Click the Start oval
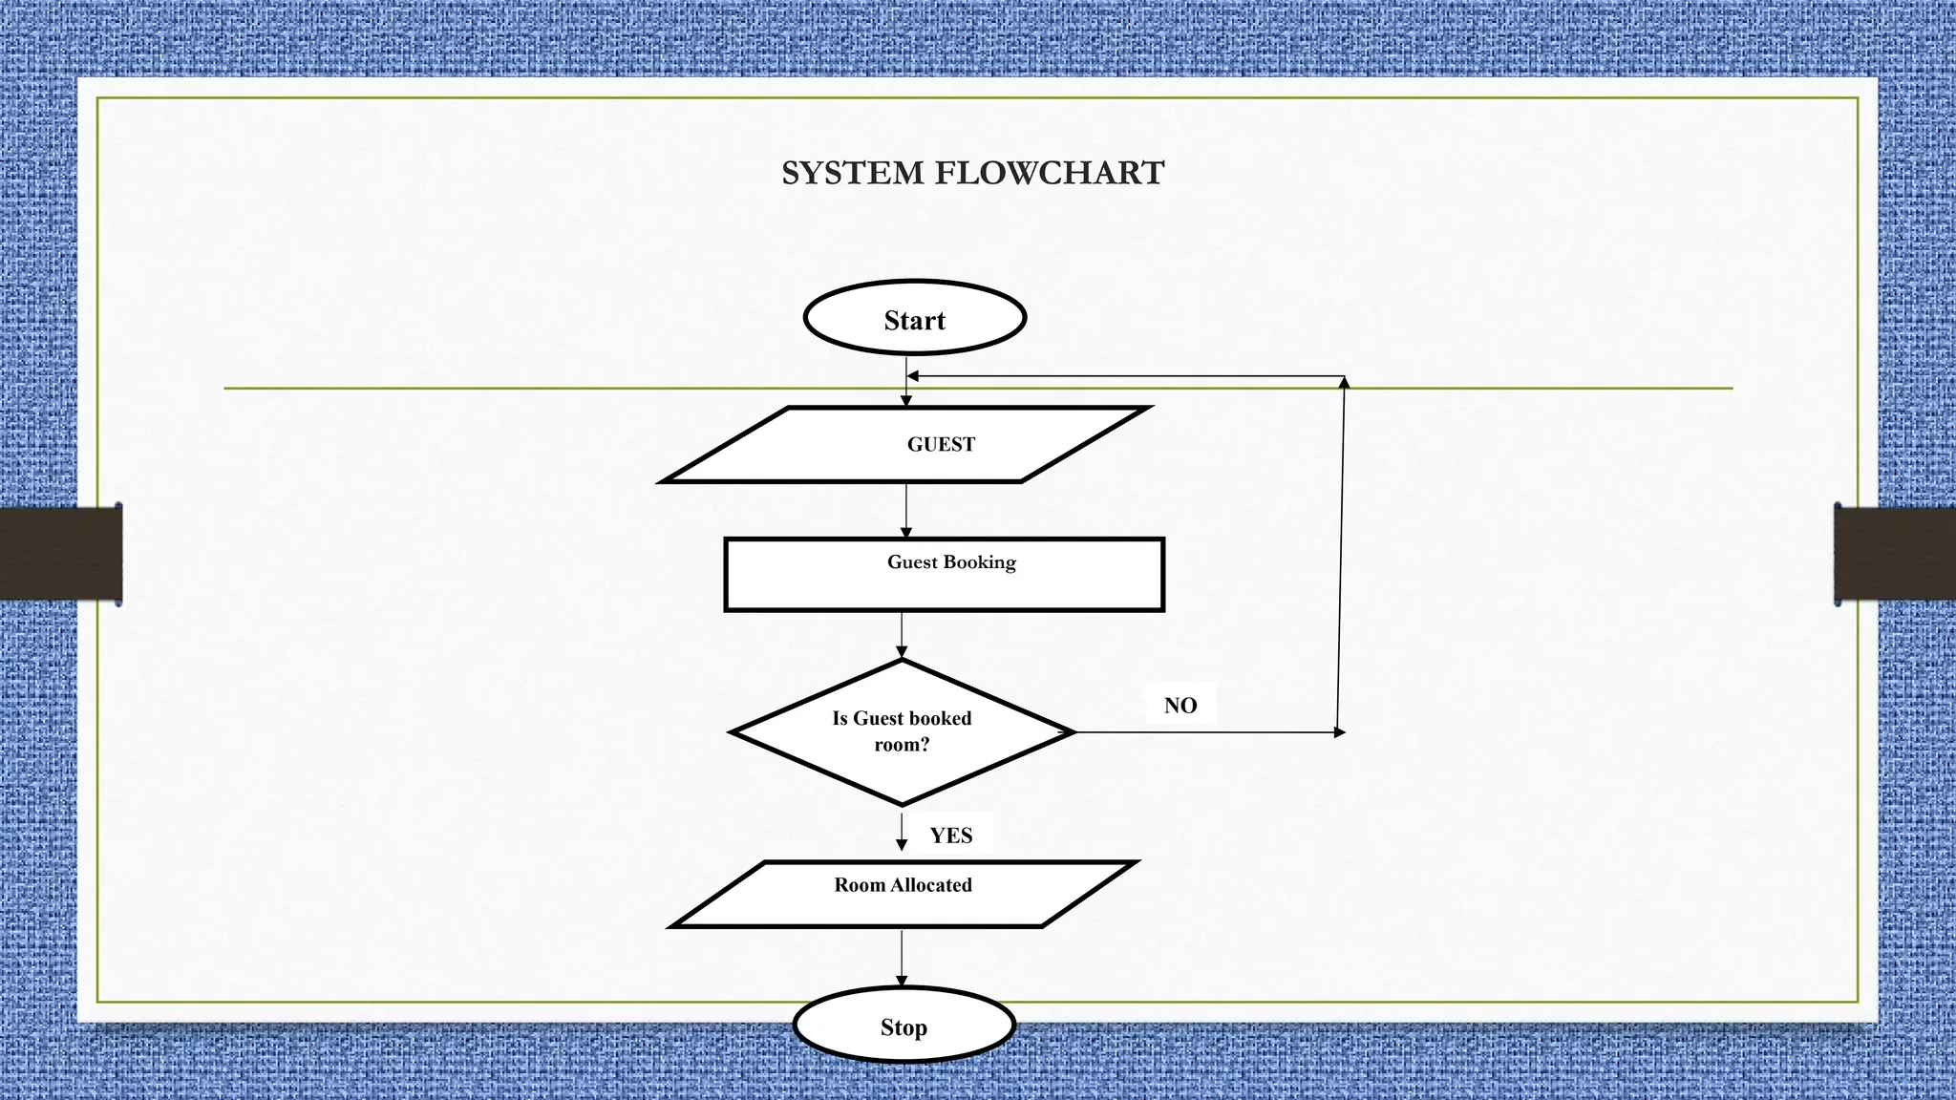[914, 318]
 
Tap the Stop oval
[904, 1026]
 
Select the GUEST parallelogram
[904, 445]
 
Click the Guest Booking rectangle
[944, 574]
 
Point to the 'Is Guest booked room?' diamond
[902, 731]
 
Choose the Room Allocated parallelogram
[903, 894]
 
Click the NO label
[1180, 706]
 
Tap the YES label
[951, 836]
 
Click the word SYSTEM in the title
[853, 173]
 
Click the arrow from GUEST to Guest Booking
[905, 510]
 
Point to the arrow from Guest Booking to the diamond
[902, 634]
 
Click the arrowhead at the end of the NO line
[1339, 732]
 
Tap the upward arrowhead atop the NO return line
[1344, 383]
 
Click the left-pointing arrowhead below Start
[913, 376]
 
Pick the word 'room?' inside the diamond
[902, 745]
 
